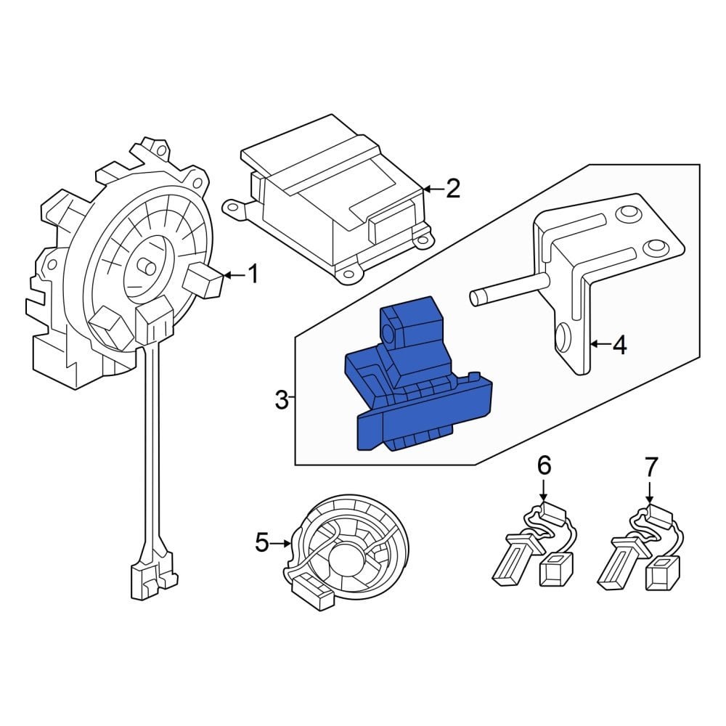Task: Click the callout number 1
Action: (x=253, y=274)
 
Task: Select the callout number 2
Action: (x=452, y=189)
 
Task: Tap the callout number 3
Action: (x=282, y=399)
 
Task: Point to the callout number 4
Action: (x=619, y=345)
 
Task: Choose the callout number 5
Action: (x=263, y=542)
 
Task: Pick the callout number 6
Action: (x=544, y=464)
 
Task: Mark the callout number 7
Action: (x=650, y=464)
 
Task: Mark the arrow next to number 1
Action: (x=234, y=274)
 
